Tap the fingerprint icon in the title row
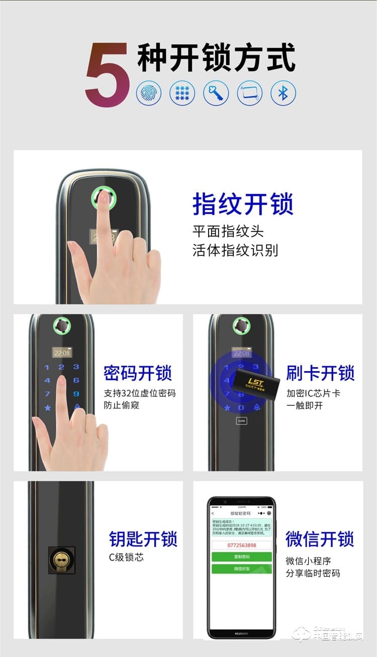pos(149,93)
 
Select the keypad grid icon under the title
pos(182,93)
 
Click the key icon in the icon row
pos(216,93)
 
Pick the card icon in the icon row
pos(250,93)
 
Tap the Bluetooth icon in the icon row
pos(283,93)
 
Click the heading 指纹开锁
pos(243,204)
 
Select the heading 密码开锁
pos(138,373)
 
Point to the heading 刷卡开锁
pos(320,373)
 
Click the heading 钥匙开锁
pos(143,538)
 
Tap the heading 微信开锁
pos(320,538)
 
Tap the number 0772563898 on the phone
pos(241,545)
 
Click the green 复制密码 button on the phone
pos(241,557)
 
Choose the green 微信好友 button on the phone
pos(241,569)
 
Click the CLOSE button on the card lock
pos(241,421)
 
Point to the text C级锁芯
pos(126,557)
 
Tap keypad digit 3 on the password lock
pos(76,367)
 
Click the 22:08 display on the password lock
pos(62,353)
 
